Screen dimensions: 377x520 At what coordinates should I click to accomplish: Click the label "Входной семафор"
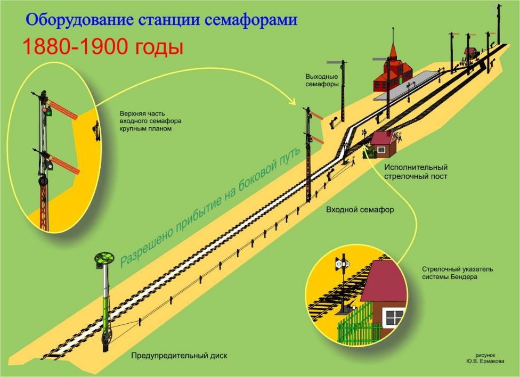click(360, 210)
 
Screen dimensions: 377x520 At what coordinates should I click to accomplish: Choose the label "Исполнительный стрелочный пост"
click(415, 171)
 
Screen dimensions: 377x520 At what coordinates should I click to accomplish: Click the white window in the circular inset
click(394, 318)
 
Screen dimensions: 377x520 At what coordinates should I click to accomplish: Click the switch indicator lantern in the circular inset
click(342, 263)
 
